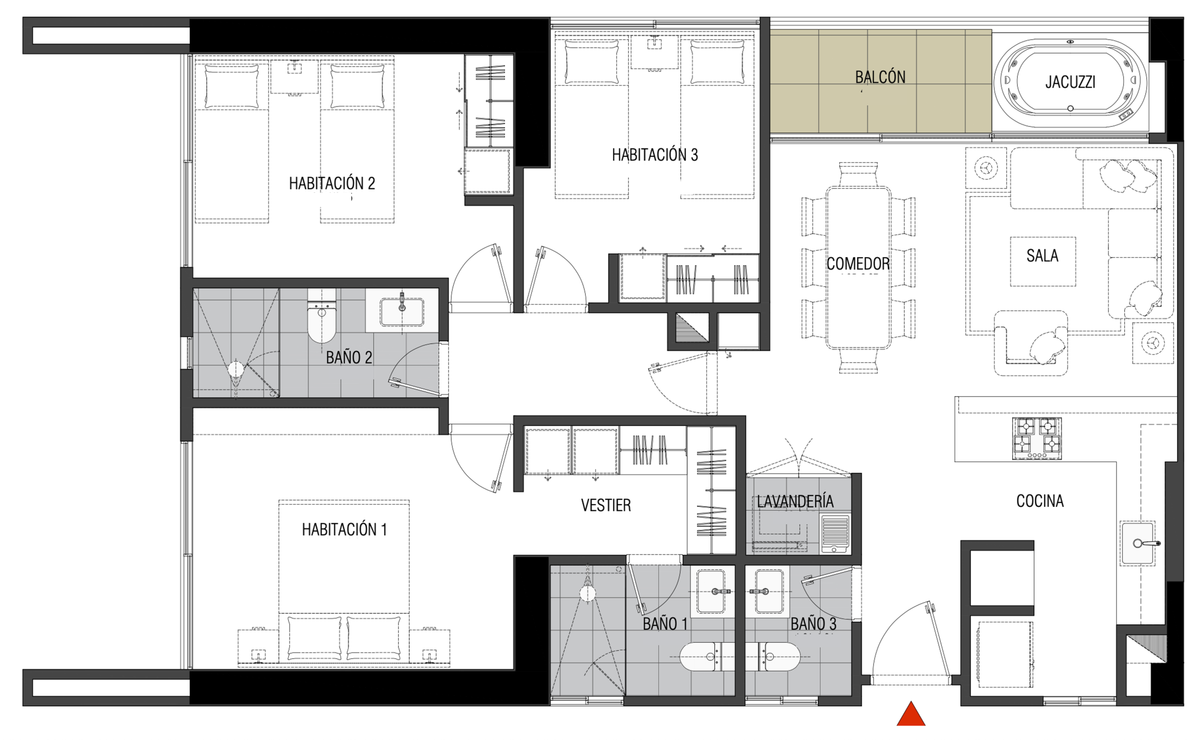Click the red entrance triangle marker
[911, 715]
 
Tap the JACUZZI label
[1070, 82]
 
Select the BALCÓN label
[880, 77]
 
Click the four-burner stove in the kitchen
[1037, 439]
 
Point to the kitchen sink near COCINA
[1138, 543]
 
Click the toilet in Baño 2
[322, 315]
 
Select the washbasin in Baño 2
[402, 311]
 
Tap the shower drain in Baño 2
[235, 369]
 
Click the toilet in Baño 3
[780, 657]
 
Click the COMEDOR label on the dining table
[858, 264]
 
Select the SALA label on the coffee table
[1042, 255]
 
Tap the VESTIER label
[606, 505]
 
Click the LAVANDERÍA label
[795, 501]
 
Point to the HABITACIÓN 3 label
[655, 155]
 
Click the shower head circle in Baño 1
[587, 594]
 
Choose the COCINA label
[1040, 501]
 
